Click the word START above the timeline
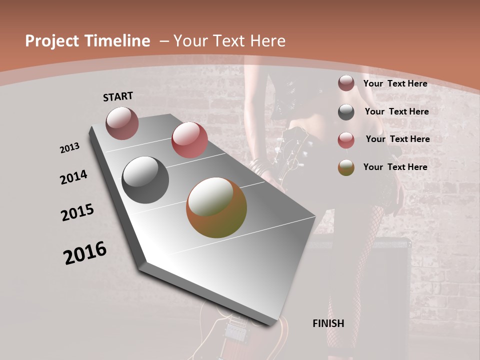pos(118,96)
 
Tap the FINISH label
pos(328,323)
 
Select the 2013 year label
pos(70,147)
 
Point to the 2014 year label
pos(73,177)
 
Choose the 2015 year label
pos(77,212)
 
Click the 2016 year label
pos(85,253)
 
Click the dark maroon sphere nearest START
pos(122,123)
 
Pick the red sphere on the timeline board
pos(189,140)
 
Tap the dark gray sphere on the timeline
pos(145,180)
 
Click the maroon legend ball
pos(346,83)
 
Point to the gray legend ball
pos(346,112)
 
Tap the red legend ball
pos(346,139)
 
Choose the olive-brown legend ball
pos(346,167)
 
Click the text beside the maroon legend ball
pos(395,83)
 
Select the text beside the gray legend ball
pos(396,111)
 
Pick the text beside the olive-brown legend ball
pos(395,167)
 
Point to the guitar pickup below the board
pos(234,331)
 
